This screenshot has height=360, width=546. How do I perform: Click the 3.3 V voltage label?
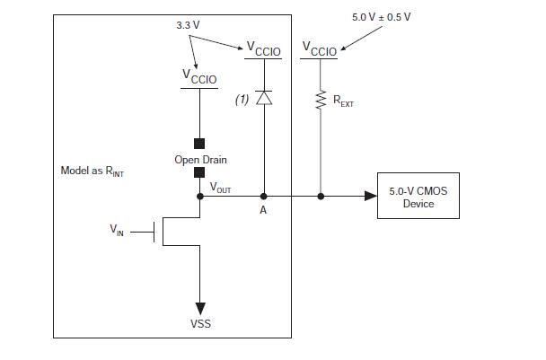(x=188, y=25)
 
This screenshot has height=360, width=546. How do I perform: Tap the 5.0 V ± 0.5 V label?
(x=381, y=18)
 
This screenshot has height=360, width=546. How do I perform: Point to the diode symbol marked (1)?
(x=263, y=98)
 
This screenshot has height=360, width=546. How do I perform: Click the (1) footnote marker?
(x=242, y=100)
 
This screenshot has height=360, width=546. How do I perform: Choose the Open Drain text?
(x=200, y=160)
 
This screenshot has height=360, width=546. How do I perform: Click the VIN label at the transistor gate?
(x=118, y=231)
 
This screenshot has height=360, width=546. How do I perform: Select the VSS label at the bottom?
(x=200, y=323)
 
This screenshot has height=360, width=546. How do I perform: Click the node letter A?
(x=264, y=210)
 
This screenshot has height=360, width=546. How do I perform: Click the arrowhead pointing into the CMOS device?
(x=370, y=195)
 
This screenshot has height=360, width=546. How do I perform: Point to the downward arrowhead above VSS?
(x=200, y=308)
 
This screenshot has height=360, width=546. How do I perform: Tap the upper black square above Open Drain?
(x=199, y=143)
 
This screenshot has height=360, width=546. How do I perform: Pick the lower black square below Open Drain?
(x=199, y=173)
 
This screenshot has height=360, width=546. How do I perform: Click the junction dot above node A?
(x=264, y=195)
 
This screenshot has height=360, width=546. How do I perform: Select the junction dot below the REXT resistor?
(x=321, y=195)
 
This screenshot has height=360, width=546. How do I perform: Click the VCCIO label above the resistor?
(x=321, y=50)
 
